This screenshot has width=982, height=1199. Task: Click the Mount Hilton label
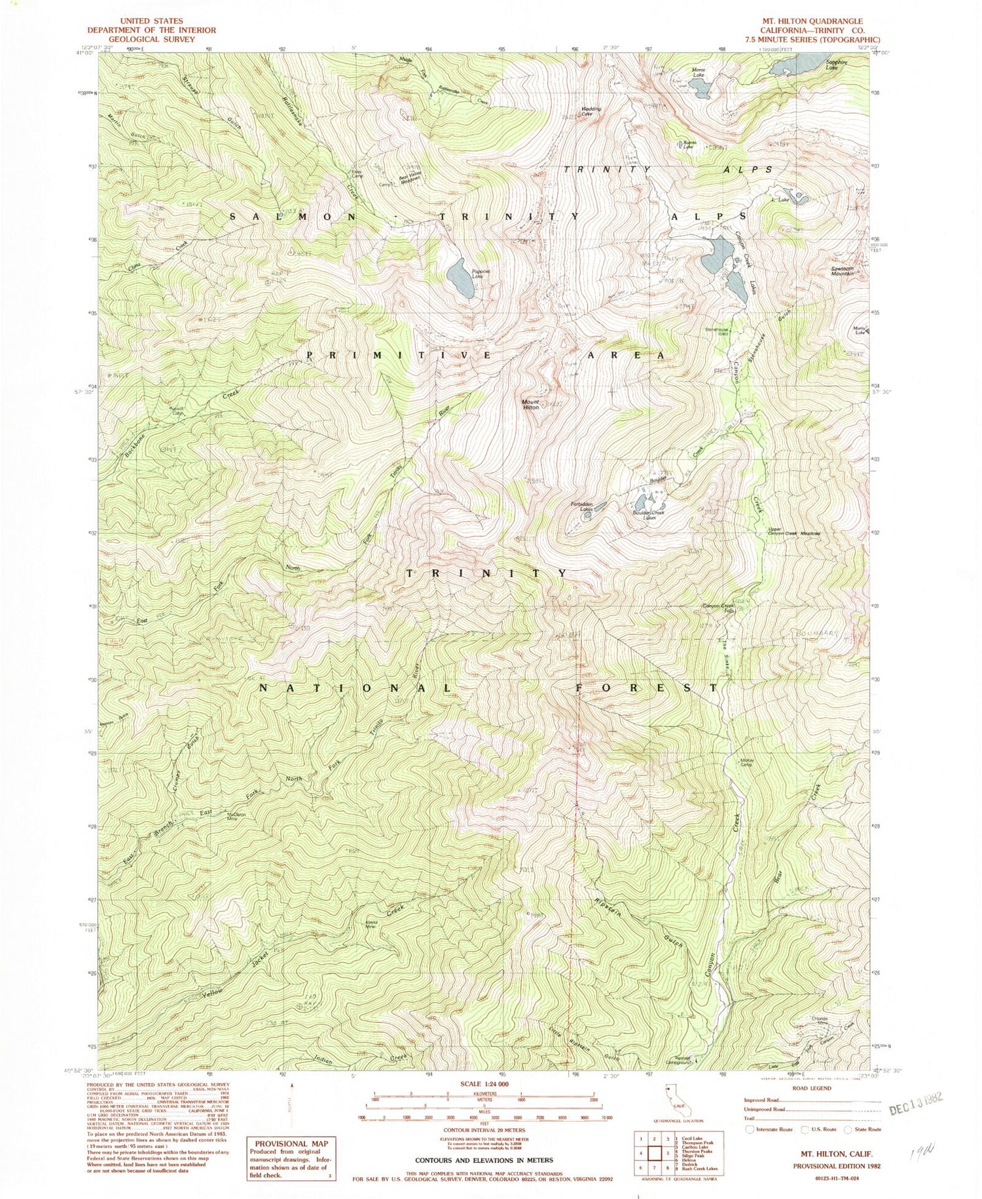coord(530,404)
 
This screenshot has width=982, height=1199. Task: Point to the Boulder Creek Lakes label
coord(649,515)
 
